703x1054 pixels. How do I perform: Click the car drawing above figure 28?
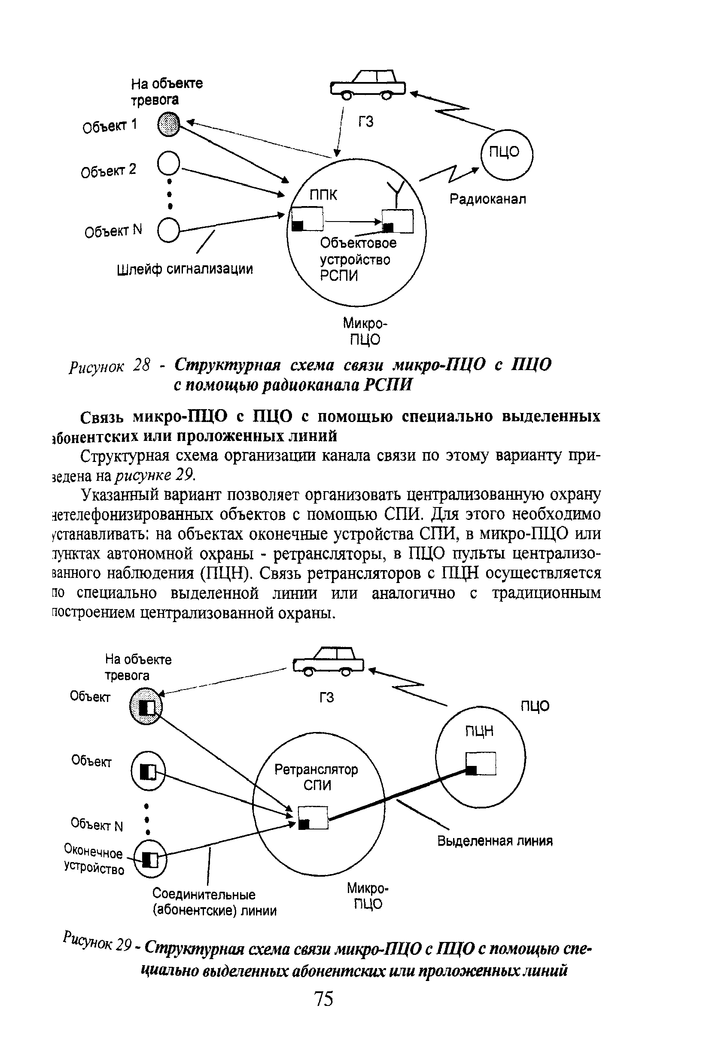click(368, 84)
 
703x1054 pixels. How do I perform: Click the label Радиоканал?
click(488, 198)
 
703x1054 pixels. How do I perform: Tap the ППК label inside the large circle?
click(323, 194)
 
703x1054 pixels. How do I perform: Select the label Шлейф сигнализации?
click(185, 269)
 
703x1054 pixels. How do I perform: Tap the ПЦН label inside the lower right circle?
click(479, 731)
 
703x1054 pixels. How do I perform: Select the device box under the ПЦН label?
click(481, 763)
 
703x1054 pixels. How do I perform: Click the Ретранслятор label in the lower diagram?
click(316, 769)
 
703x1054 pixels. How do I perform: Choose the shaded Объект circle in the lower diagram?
click(146, 707)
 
